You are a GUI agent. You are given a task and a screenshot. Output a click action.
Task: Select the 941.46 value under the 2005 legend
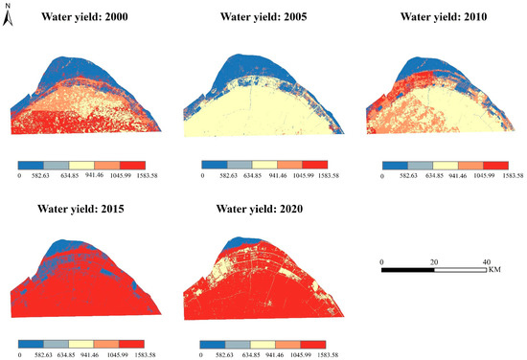[276, 177]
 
